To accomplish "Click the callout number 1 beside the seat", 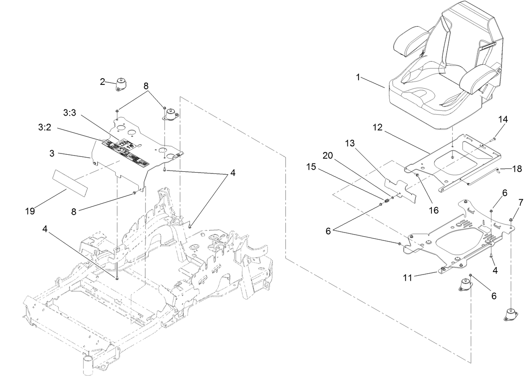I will coord(358,77).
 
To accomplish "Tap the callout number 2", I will coord(102,82).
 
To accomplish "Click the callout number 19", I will coord(30,211).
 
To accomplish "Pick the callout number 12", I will coord(377,128).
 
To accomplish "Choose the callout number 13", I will coord(351,143).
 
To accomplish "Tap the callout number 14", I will coord(503,119).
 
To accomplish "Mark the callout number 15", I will coord(311,167).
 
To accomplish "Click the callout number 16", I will coord(434,210).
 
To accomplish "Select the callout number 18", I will coord(517,169).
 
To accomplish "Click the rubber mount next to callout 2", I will coord(122,86).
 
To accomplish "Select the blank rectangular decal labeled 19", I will coord(70,183).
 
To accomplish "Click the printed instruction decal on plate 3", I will coord(125,152).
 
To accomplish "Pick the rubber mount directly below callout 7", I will coord(511,314).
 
